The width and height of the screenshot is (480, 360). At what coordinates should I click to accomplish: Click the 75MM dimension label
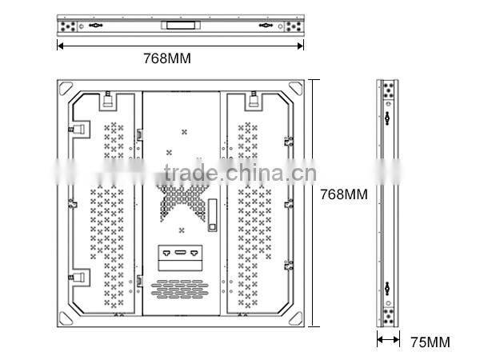click(430, 342)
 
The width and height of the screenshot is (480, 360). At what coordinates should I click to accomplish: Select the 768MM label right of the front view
click(344, 194)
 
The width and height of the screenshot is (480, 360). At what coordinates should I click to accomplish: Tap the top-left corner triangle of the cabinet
click(66, 87)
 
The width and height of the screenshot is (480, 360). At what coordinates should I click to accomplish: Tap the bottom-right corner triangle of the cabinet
click(298, 317)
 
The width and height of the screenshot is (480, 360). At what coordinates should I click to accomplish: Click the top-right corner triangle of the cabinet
click(298, 87)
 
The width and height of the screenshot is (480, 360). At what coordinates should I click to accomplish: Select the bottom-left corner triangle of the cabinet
click(66, 317)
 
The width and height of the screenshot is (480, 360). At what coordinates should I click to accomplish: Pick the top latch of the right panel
click(254, 102)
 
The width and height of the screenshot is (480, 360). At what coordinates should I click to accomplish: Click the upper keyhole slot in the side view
click(388, 119)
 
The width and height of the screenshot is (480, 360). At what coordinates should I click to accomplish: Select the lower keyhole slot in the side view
click(388, 288)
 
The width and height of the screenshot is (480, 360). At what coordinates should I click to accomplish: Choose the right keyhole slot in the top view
click(265, 25)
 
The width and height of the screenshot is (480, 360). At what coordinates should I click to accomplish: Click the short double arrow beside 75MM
click(389, 340)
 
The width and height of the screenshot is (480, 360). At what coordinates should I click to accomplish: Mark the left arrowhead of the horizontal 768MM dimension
click(59, 45)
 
